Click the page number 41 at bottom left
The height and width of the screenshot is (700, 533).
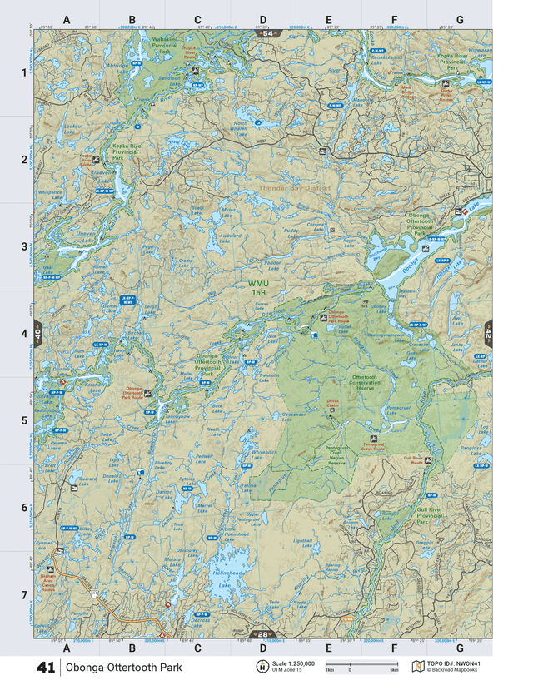click(45, 668)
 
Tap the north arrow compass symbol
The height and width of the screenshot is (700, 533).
click(260, 667)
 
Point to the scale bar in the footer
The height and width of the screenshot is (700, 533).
click(361, 665)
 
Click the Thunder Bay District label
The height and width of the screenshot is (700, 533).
click(294, 188)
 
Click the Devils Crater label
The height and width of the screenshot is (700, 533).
click(336, 404)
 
